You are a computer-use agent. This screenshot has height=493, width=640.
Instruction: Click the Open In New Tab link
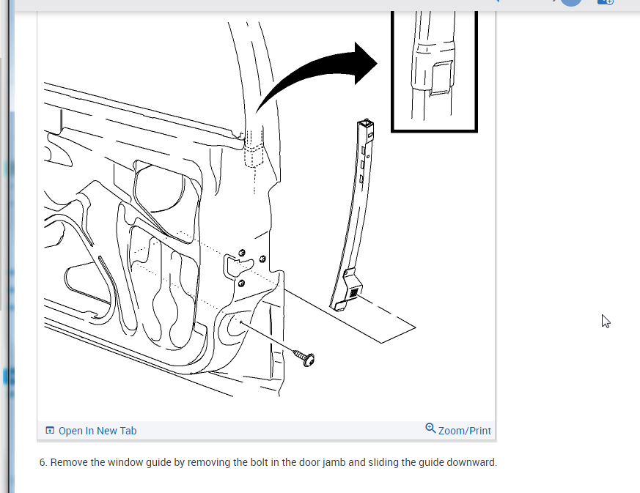pos(97,431)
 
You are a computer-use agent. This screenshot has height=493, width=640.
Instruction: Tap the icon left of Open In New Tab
pos(50,431)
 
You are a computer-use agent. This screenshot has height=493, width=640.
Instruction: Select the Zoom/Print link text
pos(464,431)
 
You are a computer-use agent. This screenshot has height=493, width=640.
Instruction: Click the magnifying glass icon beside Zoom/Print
pos(430,429)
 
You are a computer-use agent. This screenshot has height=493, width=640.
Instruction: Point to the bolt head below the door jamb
pos(307,358)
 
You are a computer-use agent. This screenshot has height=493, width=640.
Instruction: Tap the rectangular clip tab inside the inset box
pos(440,78)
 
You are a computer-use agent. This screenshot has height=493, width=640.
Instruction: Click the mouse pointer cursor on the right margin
pos(606,320)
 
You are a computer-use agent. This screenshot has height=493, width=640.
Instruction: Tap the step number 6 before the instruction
pos(43,463)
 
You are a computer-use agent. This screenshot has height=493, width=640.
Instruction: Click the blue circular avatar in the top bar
pos(571,1)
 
